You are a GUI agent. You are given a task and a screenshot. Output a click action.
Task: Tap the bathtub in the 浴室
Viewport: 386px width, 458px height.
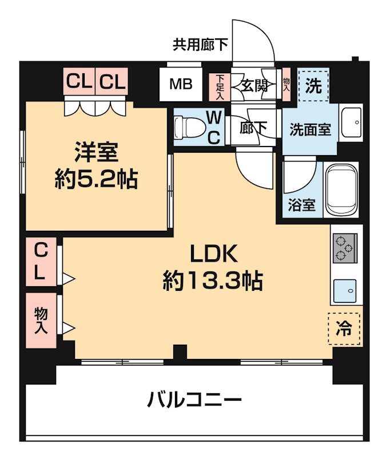click(341, 189)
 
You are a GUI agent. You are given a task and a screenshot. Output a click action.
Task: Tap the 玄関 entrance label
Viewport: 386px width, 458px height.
click(254, 86)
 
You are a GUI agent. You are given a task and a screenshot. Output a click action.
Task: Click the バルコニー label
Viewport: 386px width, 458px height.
click(194, 399)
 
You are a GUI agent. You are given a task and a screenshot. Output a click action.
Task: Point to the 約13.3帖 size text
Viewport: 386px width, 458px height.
click(213, 281)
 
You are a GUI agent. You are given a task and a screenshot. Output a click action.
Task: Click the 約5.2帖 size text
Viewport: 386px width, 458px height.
click(96, 180)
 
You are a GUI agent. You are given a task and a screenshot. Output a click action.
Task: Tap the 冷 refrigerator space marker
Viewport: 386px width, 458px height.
click(344, 329)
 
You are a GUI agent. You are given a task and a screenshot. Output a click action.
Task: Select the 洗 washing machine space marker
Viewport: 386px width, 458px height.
click(313, 85)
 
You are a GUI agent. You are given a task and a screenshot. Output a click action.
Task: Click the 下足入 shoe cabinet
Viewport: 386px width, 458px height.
click(220, 86)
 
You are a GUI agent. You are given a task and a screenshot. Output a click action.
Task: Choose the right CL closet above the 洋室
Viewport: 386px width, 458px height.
click(112, 82)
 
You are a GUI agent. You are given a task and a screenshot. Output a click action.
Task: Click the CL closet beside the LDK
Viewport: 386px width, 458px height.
click(41, 261)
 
